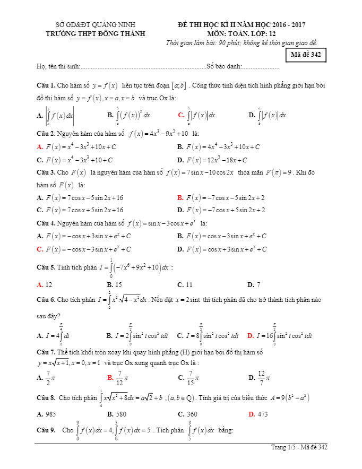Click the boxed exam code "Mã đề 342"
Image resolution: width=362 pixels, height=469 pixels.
coord(306,55)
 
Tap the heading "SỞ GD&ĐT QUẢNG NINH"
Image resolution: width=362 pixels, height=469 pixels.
coord(96,24)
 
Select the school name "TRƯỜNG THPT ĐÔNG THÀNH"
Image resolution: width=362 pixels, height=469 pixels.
coord(96,33)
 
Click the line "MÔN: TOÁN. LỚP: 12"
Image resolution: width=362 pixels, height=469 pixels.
coord(242,33)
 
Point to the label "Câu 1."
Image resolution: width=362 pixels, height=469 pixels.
coord(46,85)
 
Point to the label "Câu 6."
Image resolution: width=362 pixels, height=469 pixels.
coord(46,300)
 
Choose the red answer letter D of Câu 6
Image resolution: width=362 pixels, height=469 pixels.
coord(251,335)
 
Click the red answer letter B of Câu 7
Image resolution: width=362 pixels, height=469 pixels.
coord(110,378)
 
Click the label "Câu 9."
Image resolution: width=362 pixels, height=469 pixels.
coord(46,430)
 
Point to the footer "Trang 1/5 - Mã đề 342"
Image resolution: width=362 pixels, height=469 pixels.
coord(299,448)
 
